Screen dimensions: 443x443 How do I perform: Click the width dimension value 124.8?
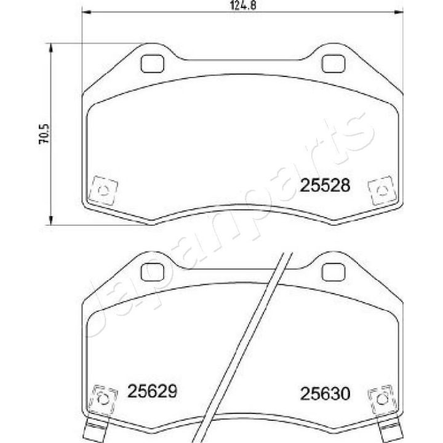238,6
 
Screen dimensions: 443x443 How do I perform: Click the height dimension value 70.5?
44,132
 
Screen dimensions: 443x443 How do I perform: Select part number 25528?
324,185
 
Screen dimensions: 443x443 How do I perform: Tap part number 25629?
152,391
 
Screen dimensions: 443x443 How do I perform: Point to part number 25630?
324,392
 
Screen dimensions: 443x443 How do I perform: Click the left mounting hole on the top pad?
151,63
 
